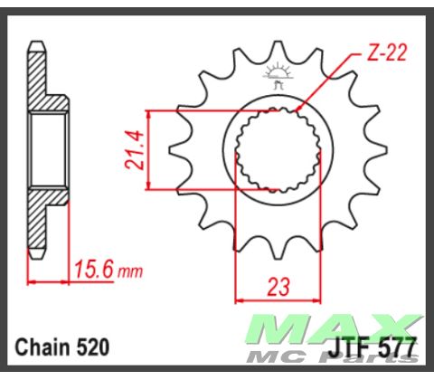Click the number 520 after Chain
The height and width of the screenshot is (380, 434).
[95, 347]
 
